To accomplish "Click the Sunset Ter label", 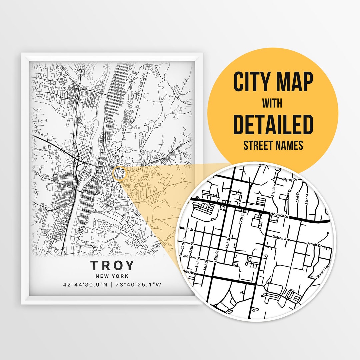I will [x=323, y=272].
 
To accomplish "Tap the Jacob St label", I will [x=184, y=256].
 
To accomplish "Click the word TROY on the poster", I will [x=112, y=265].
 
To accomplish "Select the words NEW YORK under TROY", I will [x=112, y=276].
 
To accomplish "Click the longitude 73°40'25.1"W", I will [x=138, y=285].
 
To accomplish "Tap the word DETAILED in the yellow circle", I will [x=273, y=124].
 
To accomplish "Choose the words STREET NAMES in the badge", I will [x=273, y=146].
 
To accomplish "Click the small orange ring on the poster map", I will [x=120, y=174].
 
